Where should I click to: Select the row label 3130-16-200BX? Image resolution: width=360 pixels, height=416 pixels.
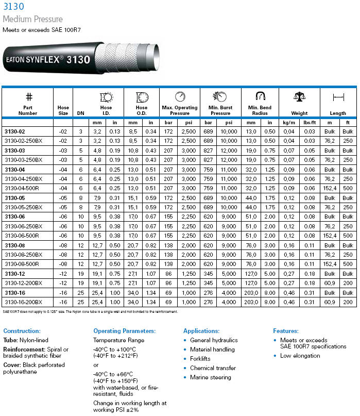(23, 301)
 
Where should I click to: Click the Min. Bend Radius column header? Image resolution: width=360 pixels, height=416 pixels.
(260, 110)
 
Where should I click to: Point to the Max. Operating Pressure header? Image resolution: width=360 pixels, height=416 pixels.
(180, 110)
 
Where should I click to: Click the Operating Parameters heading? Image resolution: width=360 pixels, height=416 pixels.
(124, 331)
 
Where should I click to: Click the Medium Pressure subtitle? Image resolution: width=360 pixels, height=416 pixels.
(32, 20)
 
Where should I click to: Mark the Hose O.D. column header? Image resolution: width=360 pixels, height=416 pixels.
(142, 110)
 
